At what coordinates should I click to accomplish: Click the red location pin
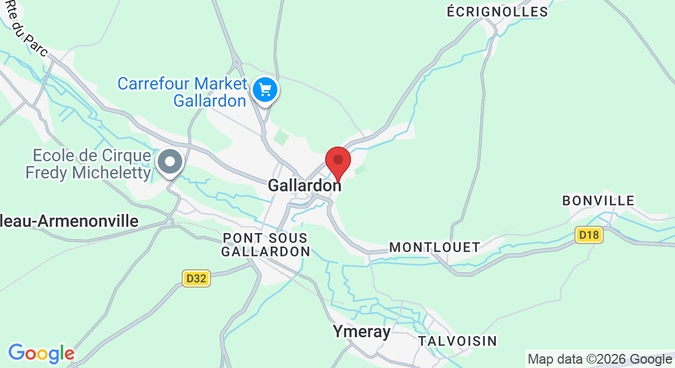[337, 161]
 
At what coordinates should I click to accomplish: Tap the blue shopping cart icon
[265, 90]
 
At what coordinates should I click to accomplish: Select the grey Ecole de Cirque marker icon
[169, 163]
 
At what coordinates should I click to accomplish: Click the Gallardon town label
[304, 185]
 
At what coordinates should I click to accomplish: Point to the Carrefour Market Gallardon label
[182, 92]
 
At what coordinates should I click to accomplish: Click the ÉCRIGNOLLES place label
[497, 12]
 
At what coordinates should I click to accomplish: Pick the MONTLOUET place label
[435, 247]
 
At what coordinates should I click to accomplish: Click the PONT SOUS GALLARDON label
[265, 244]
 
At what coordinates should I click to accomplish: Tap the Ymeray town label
[361, 332]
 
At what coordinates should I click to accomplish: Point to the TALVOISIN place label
[457, 340]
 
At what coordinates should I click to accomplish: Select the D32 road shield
[196, 278]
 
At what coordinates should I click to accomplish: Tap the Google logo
[41, 353]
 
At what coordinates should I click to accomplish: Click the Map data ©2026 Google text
[600, 359]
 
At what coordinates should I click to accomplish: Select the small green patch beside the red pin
[361, 168]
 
